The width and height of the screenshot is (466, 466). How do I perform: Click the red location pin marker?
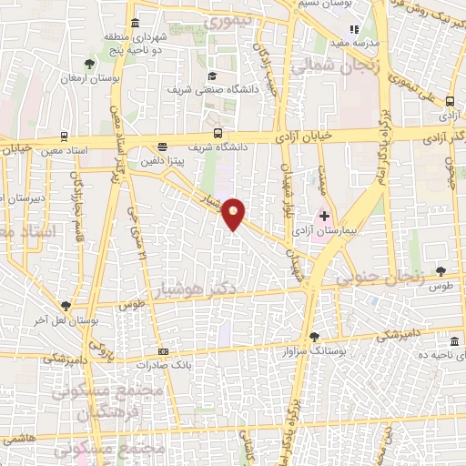[x=234, y=213]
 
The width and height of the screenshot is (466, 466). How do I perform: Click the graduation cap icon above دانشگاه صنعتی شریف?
[x=212, y=76]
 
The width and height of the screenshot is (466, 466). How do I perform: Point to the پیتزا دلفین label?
[x=162, y=160]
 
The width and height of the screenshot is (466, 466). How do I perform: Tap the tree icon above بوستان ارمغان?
[x=88, y=63]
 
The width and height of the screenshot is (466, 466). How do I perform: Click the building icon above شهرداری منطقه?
[x=135, y=23]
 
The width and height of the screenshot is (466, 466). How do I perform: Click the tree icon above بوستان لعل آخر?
[x=65, y=306]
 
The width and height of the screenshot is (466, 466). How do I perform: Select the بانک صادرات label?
[x=164, y=364]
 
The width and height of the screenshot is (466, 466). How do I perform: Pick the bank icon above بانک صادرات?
[x=163, y=351]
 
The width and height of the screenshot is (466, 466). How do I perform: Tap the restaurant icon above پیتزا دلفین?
[x=162, y=147]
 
